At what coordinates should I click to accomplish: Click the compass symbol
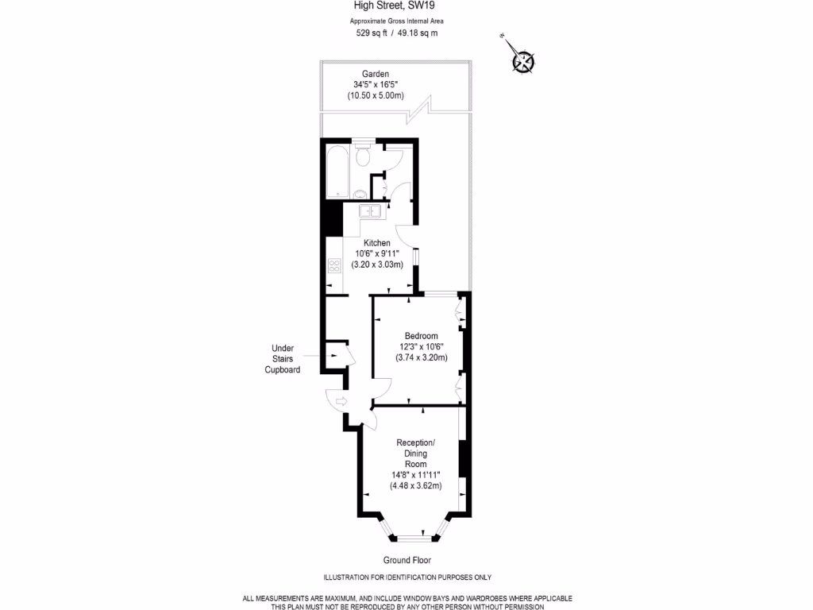click(x=523, y=60)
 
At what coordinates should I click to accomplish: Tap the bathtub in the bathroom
click(x=337, y=171)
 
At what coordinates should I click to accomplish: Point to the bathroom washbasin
click(x=360, y=193)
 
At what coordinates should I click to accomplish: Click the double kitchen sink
click(x=369, y=211)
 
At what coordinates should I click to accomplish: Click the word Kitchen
click(x=377, y=243)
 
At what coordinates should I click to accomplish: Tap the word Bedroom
click(x=421, y=336)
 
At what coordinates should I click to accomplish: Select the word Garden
click(x=376, y=74)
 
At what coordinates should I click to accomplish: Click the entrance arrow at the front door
click(x=342, y=401)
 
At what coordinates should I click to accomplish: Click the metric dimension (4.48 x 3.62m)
click(x=415, y=485)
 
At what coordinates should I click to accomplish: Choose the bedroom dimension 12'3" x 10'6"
click(x=421, y=346)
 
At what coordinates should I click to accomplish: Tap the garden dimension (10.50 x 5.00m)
click(x=376, y=95)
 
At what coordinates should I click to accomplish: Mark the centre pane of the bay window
click(x=413, y=538)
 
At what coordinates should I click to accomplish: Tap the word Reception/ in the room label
click(x=416, y=442)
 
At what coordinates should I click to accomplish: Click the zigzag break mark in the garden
click(x=419, y=110)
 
